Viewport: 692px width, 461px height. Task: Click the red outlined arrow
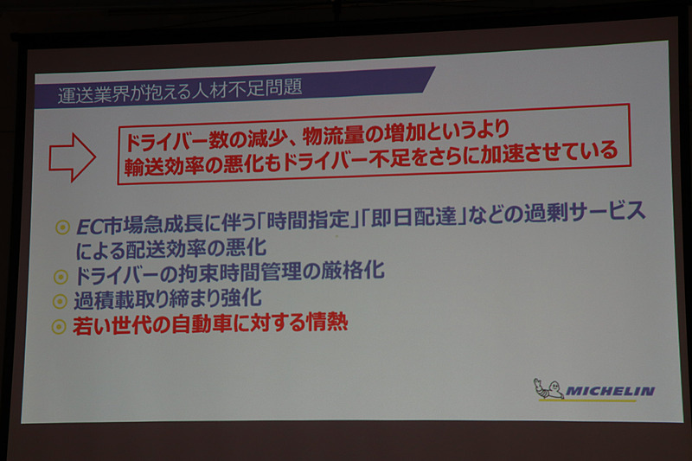pos(72,157)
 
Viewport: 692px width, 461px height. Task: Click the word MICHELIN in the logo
pos(611,392)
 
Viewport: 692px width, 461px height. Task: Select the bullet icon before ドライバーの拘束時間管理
pos(61,277)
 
